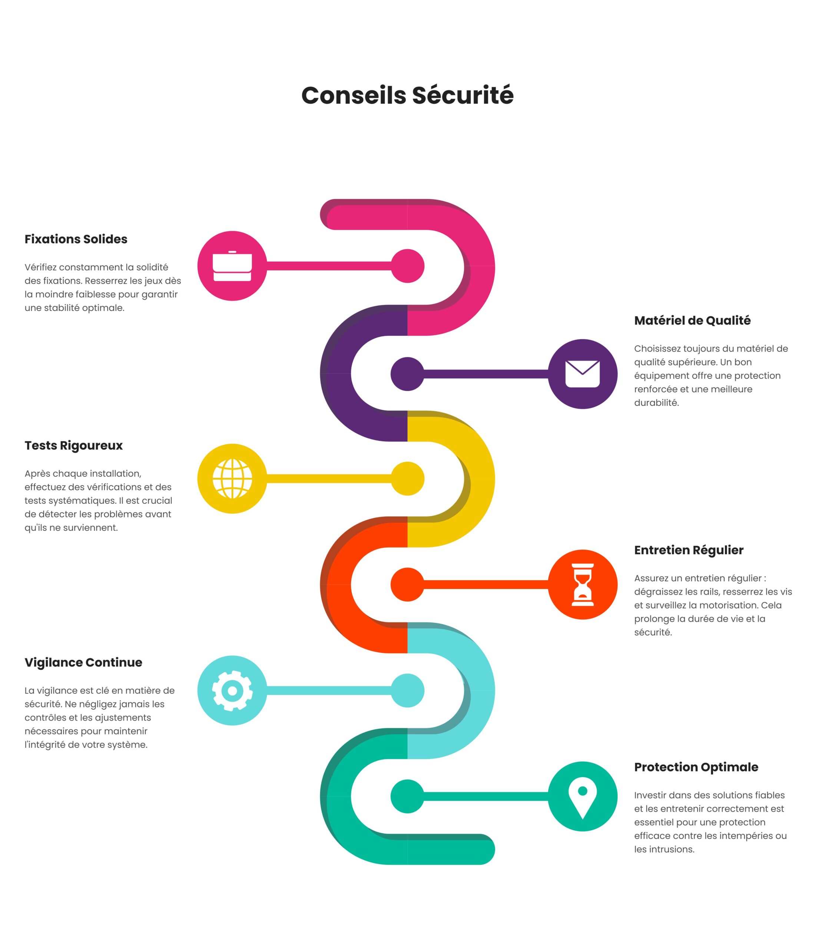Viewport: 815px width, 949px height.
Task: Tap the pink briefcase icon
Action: coord(232,266)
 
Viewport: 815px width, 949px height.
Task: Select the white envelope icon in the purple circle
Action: coord(582,374)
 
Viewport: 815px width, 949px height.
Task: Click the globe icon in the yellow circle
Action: coord(232,479)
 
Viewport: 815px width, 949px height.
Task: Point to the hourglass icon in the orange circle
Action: coord(582,585)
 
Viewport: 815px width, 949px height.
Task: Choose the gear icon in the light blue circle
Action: coord(232,691)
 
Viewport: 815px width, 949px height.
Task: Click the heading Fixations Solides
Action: coord(76,239)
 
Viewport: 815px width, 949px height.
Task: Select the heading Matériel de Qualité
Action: coord(692,321)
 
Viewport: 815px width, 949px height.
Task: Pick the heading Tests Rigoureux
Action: coord(74,446)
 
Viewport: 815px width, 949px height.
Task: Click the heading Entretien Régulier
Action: coord(689,550)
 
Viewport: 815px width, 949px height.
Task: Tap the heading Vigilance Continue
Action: coord(83,662)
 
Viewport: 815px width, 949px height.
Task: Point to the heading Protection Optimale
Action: coord(696,767)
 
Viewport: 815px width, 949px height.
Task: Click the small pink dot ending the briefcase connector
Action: coord(408,266)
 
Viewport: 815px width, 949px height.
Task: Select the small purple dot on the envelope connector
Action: coord(408,374)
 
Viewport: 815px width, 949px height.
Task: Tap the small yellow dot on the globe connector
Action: coord(408,479)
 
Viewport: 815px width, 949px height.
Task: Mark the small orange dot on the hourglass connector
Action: coord(408,585)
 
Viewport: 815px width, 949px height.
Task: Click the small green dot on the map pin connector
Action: coord(408,797)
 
